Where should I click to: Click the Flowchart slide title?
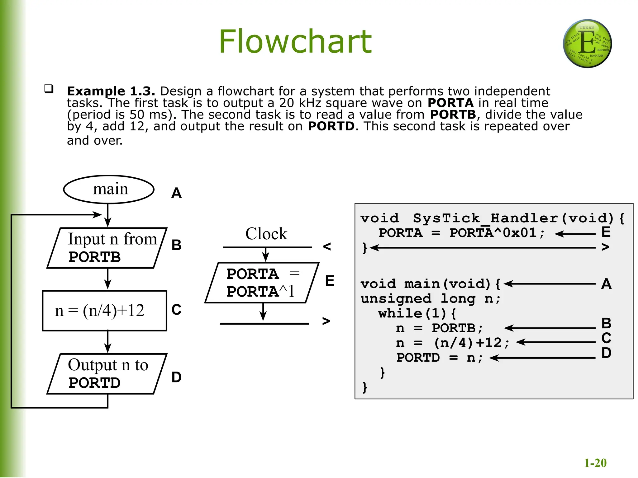295,41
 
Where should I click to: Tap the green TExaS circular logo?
587,44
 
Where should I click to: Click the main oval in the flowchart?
109,190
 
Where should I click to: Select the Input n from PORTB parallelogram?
107,248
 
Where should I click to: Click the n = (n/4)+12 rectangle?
104,311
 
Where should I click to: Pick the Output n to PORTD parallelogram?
107,374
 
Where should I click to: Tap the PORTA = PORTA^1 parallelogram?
262,283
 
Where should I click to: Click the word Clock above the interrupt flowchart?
266,234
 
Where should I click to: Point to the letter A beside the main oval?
176,193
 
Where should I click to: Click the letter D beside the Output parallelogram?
176,377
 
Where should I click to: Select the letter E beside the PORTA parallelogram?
330,281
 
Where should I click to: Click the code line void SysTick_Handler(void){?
492,218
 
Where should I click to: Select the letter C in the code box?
606,338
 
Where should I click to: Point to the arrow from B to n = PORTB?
550,328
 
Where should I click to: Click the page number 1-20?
595,463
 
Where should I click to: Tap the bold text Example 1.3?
111,91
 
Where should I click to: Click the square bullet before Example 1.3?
49,89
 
